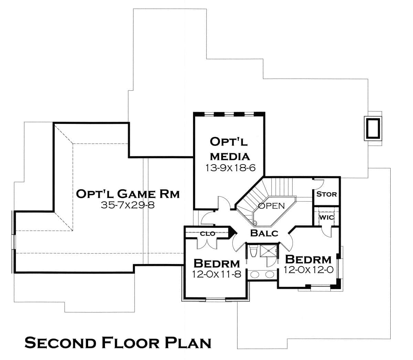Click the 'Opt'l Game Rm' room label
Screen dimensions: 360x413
tap(128, 194)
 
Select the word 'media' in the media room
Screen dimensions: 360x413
tap(230, 157)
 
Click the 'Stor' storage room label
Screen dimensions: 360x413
tap(326, 194)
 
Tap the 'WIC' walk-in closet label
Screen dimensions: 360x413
tap(326, 218)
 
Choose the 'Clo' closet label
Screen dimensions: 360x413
tap(208, 234)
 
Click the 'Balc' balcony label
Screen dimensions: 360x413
tap(264, 233)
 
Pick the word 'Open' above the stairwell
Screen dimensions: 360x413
tap(272, 206)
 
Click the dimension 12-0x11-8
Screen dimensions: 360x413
tap(216, 274)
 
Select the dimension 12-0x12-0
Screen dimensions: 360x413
tap(308, 269)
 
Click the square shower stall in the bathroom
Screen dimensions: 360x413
tap(268, 251)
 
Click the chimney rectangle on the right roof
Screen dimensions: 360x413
tap(373, 128)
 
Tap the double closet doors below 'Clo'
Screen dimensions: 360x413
tap(207, 243)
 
